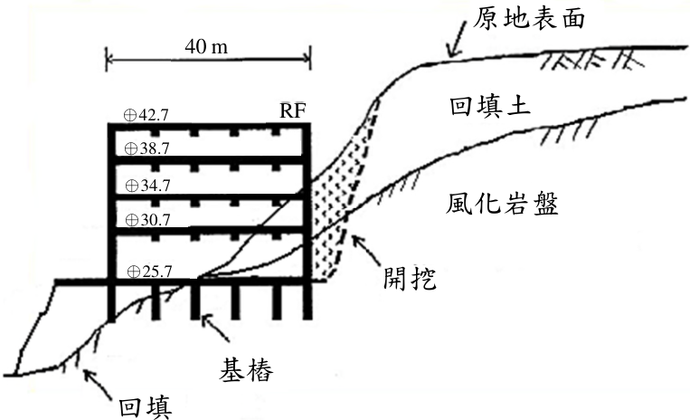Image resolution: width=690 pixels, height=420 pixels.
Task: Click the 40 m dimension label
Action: click(x=206, y=46)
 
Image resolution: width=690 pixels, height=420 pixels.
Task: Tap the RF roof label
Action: click(x=293, y=110)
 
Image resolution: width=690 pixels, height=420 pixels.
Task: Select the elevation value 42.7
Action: click(x=153, y=115)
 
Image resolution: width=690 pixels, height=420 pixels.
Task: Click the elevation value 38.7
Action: click(x=155, y=148)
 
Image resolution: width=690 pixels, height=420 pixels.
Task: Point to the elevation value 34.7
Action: click(x=156, y=186)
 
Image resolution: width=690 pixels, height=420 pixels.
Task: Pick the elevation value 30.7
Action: click(x=156, y=220)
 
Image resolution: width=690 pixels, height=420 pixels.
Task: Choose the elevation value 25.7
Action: click(x=157, y=272)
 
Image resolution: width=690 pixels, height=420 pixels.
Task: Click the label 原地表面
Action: click(x=529, y=18)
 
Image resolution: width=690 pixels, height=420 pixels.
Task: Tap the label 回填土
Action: click(x=490, y=106)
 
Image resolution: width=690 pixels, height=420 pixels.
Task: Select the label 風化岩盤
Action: click(x=502, y=204)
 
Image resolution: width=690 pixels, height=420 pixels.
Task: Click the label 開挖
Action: click(x=410, y=278)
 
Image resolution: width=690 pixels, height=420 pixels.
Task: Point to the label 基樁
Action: click(x=246, y=369)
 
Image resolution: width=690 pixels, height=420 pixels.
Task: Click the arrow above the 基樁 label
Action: click(x=215, y=328)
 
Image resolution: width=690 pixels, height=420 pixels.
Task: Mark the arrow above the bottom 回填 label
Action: click(x=98, y=385)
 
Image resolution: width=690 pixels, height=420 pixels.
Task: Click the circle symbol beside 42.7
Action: click(x=130, y=115)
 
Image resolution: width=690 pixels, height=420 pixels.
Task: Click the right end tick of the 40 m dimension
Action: click(x=310, y=58)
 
